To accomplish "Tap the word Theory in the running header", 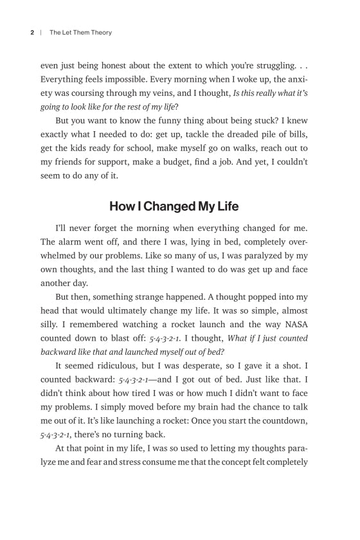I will (98, 32).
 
